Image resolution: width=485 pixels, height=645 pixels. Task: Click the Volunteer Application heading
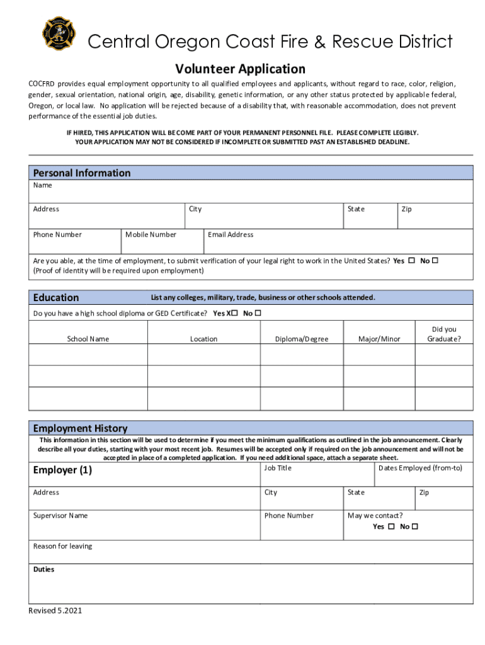[x=240, y=69]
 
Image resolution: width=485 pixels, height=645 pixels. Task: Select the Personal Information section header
[x=82, y=173]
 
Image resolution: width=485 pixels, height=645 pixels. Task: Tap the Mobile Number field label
[x=151, y=234]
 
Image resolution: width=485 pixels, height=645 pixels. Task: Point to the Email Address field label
[x=231, y=234]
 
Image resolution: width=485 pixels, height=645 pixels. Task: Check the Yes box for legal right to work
[x=411, y=260]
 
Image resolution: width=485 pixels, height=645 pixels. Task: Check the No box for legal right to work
[x=435, y=260]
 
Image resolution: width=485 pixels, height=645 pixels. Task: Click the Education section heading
[x=56, y=297]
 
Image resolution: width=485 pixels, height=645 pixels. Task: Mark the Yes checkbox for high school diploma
[x=234, y=313]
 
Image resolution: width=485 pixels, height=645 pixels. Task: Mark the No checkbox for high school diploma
[x=258, y=313]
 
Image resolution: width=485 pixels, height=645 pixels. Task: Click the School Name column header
[x=88, y=339]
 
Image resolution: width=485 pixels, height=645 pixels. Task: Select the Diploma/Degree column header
[x=302, y=339]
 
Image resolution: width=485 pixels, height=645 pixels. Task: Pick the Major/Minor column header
[x=379, y=339]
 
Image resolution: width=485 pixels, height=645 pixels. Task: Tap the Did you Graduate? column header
[x=444, y=334]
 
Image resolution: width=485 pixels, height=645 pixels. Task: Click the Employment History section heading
[x=80, y=428]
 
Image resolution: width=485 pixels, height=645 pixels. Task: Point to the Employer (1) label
[x=62, y=470]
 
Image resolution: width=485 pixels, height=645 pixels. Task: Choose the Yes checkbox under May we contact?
[x=391, y=527]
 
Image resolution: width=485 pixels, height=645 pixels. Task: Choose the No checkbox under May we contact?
[x=415, y=527]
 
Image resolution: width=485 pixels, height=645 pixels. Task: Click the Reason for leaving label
[x=62, y=546]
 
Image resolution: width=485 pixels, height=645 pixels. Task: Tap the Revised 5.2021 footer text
[x=55, y=610]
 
